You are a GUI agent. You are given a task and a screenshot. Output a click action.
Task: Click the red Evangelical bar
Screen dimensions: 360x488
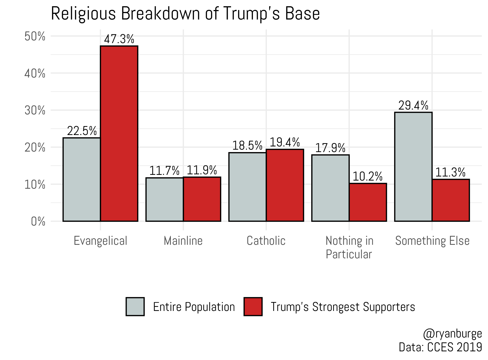click(x=119, y=133)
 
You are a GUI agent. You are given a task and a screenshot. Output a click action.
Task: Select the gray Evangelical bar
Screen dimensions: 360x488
click(x=82, y=179)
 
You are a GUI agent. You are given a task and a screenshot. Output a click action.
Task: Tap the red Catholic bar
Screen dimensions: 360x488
click(x=285, y=185)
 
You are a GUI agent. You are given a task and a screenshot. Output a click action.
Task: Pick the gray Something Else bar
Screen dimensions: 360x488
click(x=413, y=167)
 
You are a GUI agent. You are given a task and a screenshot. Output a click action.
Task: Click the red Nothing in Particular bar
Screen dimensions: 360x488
click(x=368, y=202)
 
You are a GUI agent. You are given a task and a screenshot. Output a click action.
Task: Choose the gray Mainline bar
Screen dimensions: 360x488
click(x=165, y=200)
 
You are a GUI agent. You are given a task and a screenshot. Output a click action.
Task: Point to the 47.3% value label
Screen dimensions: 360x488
click(x=119, y=39)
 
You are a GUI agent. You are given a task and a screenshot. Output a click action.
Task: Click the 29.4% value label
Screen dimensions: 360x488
click(x=413, y=105)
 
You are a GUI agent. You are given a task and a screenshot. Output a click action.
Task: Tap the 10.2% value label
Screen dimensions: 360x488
click(x=367, y=176)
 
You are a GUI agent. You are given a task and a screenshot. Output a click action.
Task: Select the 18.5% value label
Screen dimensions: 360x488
click(x=247, y=146)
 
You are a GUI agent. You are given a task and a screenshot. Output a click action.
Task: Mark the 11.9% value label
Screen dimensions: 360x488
click(x=202, y=170)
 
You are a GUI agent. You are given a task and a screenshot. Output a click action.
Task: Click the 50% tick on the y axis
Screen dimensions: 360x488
click(x=35, y=36)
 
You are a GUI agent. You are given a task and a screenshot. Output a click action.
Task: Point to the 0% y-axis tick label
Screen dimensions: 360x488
click(x=38, y=221)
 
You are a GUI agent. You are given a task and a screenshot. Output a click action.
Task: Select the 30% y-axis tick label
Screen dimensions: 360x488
click(x=35, y=110)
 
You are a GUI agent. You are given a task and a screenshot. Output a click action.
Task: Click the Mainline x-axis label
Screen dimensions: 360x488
click(x=183, y=241)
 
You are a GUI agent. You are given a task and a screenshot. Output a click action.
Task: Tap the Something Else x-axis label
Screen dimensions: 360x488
click(x=432, y=241)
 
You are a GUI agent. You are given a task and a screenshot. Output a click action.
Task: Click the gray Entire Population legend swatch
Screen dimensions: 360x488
click(x=135, y=307)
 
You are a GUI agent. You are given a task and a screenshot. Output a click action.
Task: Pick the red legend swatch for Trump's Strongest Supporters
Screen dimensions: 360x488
click(x=253, y=307)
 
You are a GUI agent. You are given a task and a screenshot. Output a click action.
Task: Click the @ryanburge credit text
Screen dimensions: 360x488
click(x=452, y=334)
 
